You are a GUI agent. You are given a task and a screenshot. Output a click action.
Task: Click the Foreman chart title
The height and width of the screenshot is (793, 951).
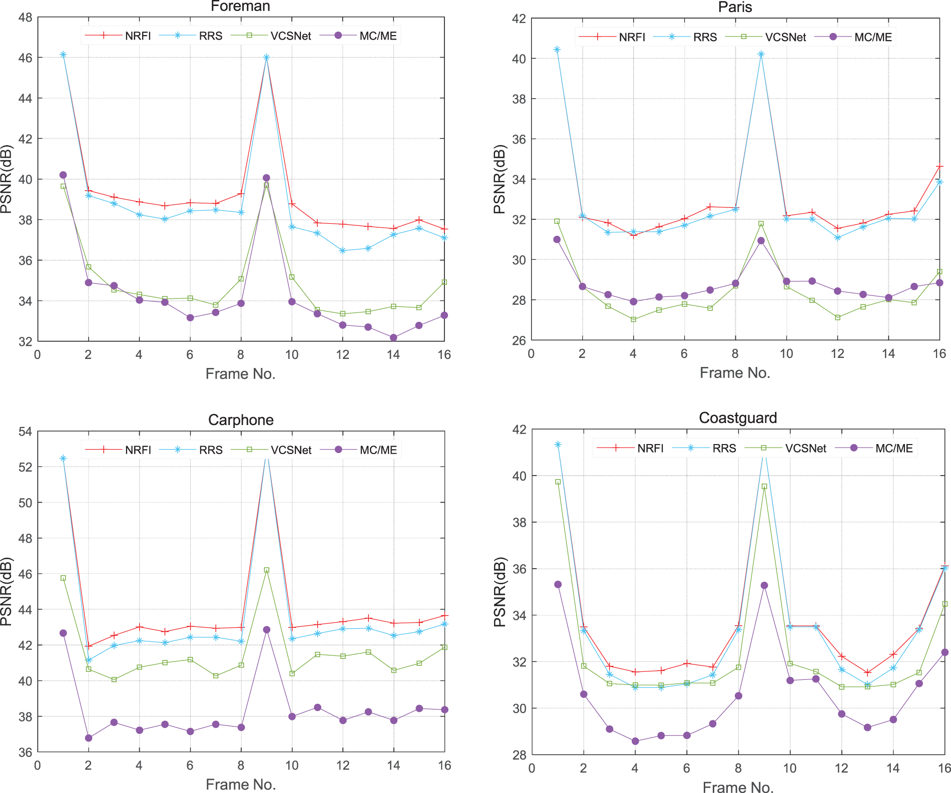[x=240, y=7]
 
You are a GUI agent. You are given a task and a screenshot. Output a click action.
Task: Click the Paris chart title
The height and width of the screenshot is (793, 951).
[x=735, y=7]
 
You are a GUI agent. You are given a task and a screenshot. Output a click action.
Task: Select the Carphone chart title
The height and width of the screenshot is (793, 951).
[x=241, y=420]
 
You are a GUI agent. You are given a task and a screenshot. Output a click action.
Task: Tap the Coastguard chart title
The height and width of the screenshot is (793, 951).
[x=738, y=418]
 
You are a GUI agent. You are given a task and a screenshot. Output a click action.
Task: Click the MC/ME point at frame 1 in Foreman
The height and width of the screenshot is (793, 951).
[x=63, y=175]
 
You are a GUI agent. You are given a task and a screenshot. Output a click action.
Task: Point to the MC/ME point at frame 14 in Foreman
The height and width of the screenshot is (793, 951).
[x=393, y=337]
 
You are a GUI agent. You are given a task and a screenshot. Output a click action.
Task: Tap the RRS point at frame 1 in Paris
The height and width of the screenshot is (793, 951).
[x=557, y=50]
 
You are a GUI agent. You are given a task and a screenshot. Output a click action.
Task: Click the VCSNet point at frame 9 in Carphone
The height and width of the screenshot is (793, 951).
[x=266, y=570]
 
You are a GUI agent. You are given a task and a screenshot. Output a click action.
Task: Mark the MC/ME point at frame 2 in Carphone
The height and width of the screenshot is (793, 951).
[x=89, y=738]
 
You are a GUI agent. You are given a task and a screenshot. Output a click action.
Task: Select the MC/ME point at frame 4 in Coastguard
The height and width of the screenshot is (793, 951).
[x=635, y=741]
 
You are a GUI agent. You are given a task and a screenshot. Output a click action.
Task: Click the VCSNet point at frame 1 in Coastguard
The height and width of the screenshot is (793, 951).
[x=558, y=482]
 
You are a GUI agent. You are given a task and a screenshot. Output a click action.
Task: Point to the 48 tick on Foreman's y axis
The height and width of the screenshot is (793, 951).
[x=25, y=18]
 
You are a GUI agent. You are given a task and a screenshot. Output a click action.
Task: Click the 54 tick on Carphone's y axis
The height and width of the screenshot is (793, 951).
[x=25, y=432]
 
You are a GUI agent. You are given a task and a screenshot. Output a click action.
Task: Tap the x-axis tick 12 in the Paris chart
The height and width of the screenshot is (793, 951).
[x=837, y=353]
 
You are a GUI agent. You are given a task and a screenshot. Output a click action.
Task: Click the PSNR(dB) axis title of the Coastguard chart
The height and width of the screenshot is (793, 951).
[x=500, y=592]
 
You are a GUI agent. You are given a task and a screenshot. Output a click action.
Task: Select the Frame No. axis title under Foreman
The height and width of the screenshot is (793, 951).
[x=240, y=373]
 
